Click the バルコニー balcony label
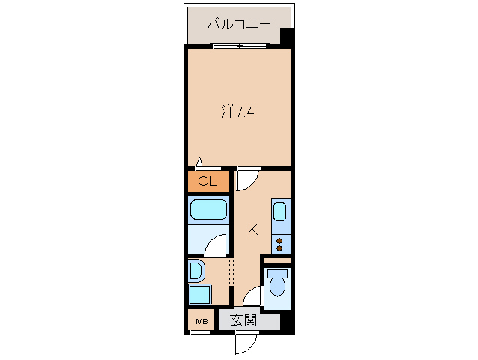tap(238, 25)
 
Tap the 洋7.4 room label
tap(239, 112)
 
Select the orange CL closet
tap(208, 181)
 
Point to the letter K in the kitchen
tap(252, 229)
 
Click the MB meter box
tap(201, 322)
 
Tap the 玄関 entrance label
tap(243, 321)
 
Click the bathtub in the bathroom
tap(208, 211)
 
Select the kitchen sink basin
tap(280, 213)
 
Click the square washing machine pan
tap(199, 295)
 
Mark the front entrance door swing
tap(245, 342)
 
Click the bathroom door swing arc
tap(217, 244)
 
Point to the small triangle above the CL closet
tap(199, 161)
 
